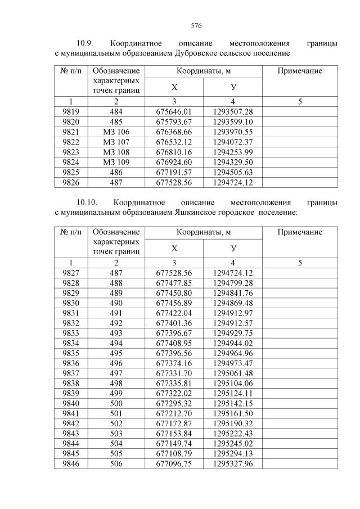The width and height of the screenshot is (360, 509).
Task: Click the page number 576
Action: pyautogui.click(x=196, y=26)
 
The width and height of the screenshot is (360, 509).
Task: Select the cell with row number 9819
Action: pyautogui.click(x=71, y=112)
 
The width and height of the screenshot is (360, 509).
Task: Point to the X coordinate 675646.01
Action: pyautogui.click(x=174, y=112)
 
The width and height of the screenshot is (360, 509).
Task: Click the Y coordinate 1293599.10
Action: pyautogui.click(x=233, y=122)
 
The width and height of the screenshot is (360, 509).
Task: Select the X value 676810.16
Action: pyautogui.click(x=174, y=152)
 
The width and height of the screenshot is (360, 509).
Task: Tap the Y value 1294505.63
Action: pyautogui.click(x=233, y=173)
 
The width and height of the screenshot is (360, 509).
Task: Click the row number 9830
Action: pyautogui.click(x=71, y=303)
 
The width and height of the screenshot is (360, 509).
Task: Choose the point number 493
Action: pyautogui.click(x=116, y=334)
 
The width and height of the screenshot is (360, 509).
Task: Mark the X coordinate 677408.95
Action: pyautogui.click(x=174, y=344)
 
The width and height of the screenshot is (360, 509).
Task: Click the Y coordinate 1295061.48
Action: pyautogui.click(x=233, y=374)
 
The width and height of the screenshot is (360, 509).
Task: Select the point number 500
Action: pyautogui.click(x=116, y=404)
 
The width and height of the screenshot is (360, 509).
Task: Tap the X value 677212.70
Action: pyautogui.click(x=174, y=415)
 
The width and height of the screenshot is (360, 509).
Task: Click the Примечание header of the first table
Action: pyautogui.click(x=300, y=71)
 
